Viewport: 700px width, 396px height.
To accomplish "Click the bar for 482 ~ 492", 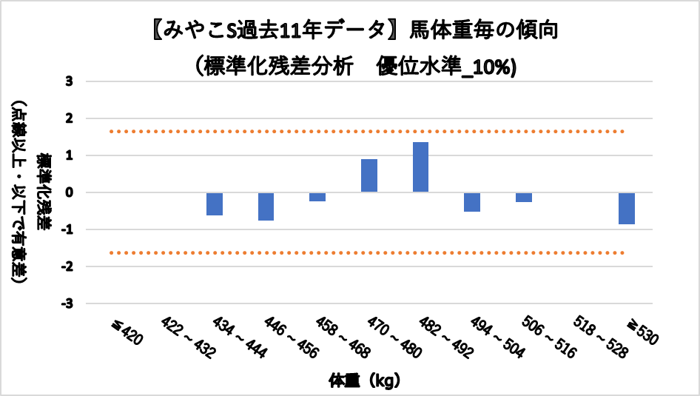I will point(420,167).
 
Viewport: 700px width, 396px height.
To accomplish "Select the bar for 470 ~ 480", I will point(369,175).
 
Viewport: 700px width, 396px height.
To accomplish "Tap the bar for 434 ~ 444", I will point(215,204).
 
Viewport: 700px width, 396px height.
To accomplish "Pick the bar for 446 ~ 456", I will point(266,207).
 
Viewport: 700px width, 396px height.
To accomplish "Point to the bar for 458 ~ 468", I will point(317,197).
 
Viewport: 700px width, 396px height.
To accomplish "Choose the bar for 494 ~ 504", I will point(472,202).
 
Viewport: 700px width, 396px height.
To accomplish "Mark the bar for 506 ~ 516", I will point(524,197).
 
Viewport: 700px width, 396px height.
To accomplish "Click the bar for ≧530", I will point(627,208).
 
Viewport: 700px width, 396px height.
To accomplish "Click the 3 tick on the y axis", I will point(69,81).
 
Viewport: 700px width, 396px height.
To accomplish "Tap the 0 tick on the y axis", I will point(69,192).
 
